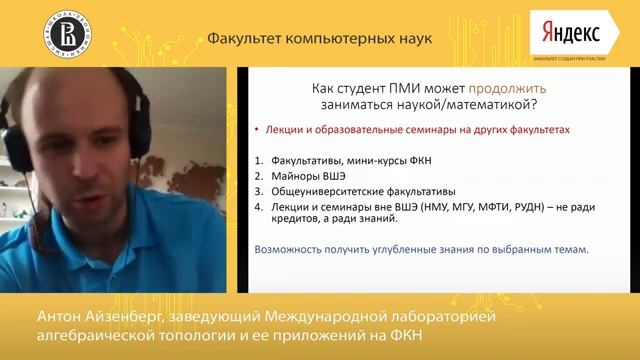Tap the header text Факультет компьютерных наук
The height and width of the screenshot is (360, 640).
(320, 39)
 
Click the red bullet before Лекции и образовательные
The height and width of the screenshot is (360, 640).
(256, 130)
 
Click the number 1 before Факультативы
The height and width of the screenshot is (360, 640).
(257, 159)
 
